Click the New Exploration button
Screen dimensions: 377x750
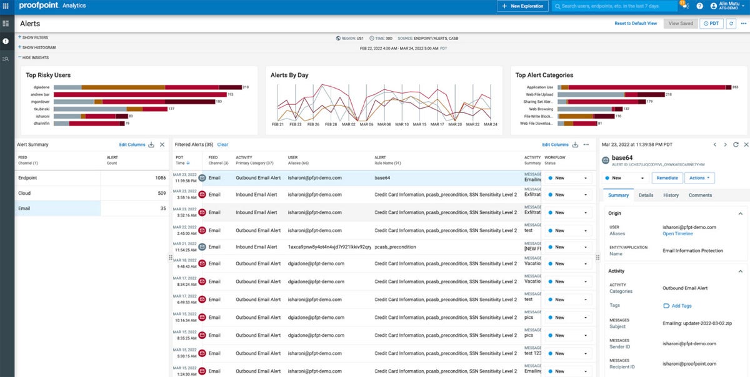(x=522, y=6)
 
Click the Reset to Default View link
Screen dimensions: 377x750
(x=636, y=23)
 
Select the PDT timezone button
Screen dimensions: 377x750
(x=711, y=23)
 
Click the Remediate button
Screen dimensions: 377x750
(x=667, y=178)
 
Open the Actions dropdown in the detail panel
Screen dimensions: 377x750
(x=699, y=178)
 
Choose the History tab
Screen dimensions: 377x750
(x=671, y=195)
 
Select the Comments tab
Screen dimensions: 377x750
(x=700, y=195)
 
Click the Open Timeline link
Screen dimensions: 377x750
(x=677, y=234)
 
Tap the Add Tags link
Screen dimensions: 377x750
(x=681, y=306)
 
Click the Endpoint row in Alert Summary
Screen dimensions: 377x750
(x=28, y=178)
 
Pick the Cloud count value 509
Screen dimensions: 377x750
(x=161, y=193)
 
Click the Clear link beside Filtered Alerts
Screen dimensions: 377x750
(x=222, y=145)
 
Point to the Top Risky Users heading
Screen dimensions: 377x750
(x=48, y=75)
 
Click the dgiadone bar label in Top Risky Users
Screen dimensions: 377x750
(x=42, y=87)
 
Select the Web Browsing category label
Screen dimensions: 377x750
(x=541, y=109)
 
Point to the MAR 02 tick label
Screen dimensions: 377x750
(x=348, y=124)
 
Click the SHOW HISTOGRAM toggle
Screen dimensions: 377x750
(x=39, y=47)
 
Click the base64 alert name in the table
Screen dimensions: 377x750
(x=382, y=178)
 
